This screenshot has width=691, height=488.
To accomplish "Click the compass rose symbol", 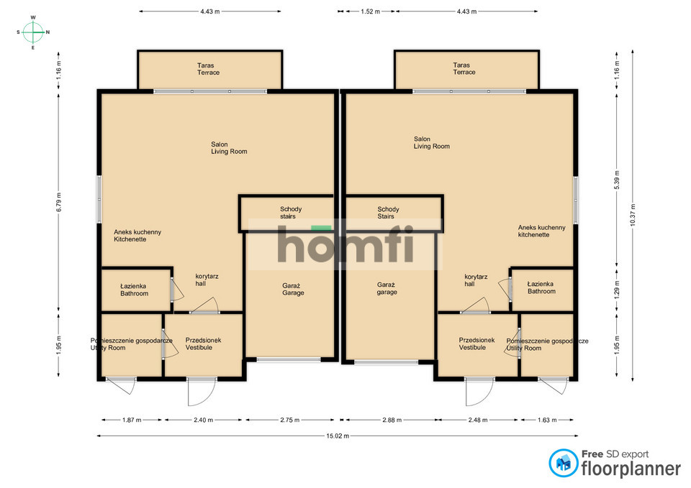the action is click(33, 32).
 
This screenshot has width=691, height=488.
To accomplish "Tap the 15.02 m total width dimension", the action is click(338, 436).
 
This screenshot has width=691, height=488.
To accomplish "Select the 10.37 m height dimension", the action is click(633, 215).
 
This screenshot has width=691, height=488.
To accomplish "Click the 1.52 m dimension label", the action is click(370, 11).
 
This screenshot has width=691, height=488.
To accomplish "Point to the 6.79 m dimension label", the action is click(58, 202).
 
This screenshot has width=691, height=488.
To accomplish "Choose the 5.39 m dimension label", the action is click(617, 180).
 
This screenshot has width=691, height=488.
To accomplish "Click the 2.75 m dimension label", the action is click(289, 420).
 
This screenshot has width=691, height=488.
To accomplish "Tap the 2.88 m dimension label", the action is click(392, 420).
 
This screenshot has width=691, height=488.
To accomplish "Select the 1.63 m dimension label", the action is click(547, 420).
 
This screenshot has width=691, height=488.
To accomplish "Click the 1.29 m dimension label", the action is click(617, 290).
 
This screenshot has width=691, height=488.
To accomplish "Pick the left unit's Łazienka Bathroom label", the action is click(134, 290).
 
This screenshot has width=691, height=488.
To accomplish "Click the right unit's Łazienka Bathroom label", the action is click(541, 287).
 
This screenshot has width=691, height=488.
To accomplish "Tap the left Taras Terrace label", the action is click(208, 69).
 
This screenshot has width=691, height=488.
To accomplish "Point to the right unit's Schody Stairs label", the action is click(388, 213).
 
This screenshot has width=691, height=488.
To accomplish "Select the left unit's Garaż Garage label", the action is click(293, 290).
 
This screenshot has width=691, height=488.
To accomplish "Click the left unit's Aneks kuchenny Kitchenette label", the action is click(137, 236).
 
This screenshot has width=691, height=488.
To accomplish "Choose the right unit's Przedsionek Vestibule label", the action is click(477, 344).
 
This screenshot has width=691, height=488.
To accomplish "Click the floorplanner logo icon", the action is click(563, 463).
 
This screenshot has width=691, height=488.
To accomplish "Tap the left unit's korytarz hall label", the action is click(207, 280).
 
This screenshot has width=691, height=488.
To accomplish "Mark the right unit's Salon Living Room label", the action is click(431, 142).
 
